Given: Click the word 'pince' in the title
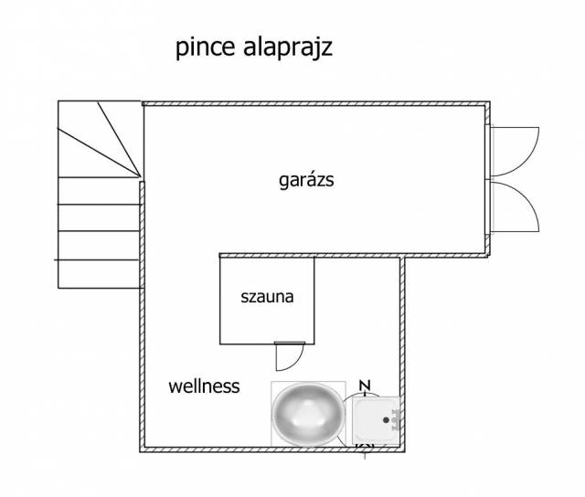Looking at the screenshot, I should point(203,48).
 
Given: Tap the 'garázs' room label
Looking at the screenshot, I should point(306,180).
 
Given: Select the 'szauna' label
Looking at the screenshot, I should point(267,297).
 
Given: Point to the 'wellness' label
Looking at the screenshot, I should point(204,386).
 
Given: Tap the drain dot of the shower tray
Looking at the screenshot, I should point(372,419).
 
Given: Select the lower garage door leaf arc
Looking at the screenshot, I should point(521,208).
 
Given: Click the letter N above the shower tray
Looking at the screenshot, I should point(364,386).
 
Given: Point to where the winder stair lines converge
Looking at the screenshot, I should point(141,177).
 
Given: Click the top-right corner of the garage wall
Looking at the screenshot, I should point(487,104).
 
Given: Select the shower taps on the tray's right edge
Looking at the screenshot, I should point(394,419).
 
